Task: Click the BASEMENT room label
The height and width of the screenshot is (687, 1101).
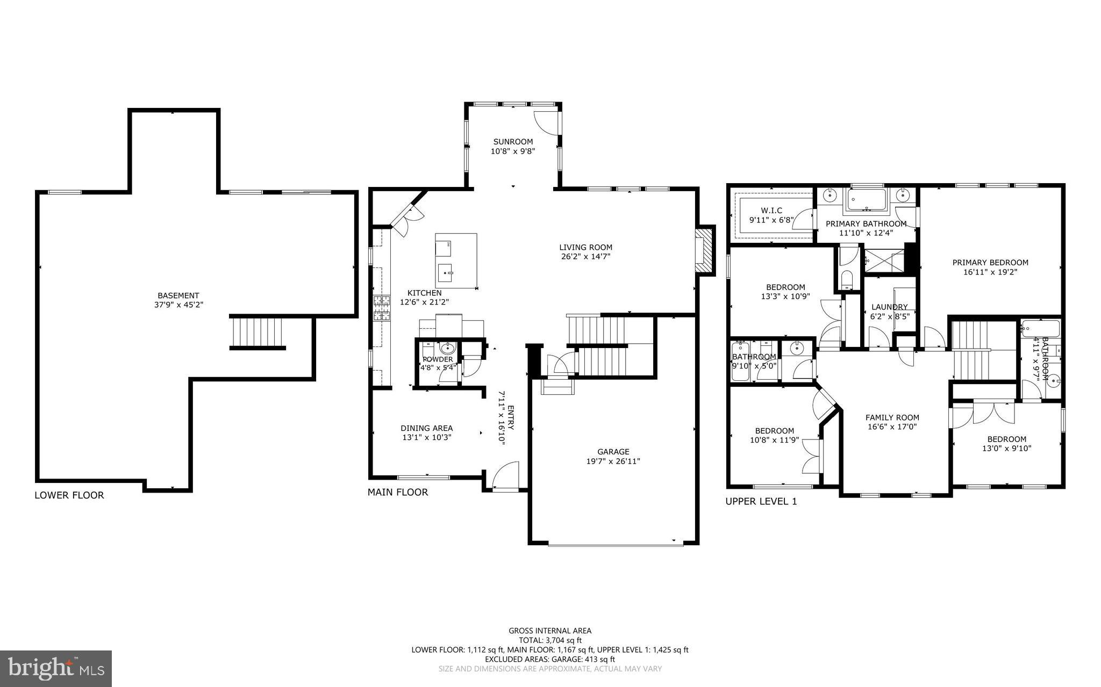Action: pyautogui.click(x=178, y=295)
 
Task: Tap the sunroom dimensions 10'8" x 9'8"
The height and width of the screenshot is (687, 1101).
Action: pyautogui.click(x=512, y=151)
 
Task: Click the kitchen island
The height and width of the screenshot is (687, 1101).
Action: pyautogui.click(x=456, y=261)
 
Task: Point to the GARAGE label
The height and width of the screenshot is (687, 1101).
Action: pyautogui.click(x=613, y=452)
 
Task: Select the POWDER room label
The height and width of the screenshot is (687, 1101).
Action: pyautogui.click(x=438, y=359)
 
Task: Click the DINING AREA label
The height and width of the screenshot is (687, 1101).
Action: pyautogui.click(x=426, y=428)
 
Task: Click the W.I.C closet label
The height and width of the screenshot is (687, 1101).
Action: pyautogui.click(x=771, y=211)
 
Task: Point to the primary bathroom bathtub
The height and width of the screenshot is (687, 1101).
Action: pyautogui.click(x=866, y=200)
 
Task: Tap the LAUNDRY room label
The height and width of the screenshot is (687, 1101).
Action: pyautogui.click(x=889, y=307)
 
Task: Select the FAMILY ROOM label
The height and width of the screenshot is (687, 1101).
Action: pyautogui.click(x=892, y=417)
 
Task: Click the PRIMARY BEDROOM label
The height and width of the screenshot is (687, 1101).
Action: pyautogui.click(x=990, y=263)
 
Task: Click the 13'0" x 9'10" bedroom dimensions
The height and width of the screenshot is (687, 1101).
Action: pyautogui.click(x=1006, y=449)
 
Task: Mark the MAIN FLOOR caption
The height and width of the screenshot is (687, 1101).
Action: pyautogui.click(x=398, y=492)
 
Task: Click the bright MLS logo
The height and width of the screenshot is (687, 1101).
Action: pyautogui.click(x=56, y=668)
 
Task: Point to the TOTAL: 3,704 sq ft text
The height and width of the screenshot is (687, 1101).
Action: pyautogui.click(x=550, y=640)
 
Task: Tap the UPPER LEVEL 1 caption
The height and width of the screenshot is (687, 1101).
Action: pyautogui.click(x=761, y=502)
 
